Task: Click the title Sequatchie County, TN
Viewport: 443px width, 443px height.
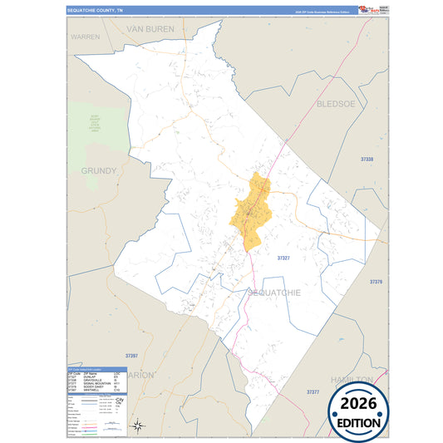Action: point(95,10)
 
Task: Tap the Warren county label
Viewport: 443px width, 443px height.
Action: point(85,37)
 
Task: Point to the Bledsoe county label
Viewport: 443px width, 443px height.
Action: point(336,104)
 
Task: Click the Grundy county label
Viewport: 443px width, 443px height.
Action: point(99,170)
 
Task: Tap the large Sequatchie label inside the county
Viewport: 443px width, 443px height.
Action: point(273,293)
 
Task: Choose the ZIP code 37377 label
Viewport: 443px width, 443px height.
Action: point(313,391)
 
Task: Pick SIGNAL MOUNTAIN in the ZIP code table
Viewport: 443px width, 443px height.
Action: point(99,384)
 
